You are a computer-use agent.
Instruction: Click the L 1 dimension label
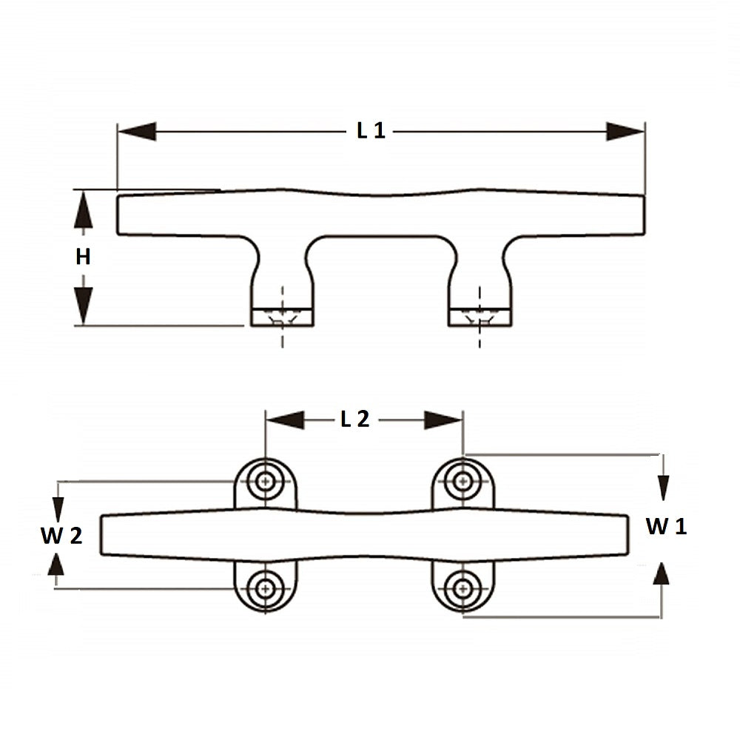coord(371,132)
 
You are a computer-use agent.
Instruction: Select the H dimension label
coord(83,257)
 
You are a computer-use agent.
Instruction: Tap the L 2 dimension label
coord(354,420)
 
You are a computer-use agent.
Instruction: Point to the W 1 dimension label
coord(666,527)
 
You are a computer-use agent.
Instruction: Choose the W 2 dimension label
coord(61,536)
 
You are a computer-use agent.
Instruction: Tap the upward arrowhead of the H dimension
coord(84,207)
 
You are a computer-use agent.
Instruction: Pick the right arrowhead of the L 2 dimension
coord(443,420)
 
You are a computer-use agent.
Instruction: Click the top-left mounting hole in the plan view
coord(265,481)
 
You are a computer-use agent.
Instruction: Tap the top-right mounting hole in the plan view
coord(462,481)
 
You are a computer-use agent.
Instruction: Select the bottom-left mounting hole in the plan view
coord(265,589)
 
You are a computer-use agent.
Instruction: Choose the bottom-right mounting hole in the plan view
coord(462,589)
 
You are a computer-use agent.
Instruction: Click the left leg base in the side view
coord(282,317)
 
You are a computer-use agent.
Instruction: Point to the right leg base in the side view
coord(480,317)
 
